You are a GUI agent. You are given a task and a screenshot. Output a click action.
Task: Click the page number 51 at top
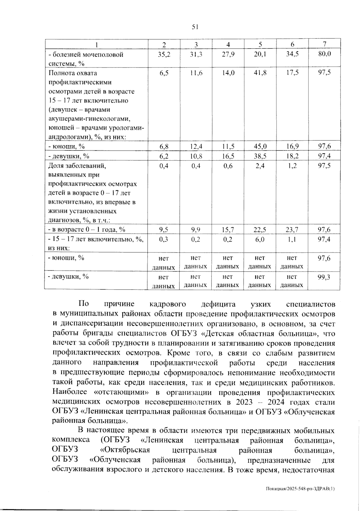coord(195,27)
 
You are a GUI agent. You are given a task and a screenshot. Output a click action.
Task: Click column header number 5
coord(260,44)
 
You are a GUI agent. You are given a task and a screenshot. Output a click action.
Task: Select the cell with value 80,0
coord(324,55)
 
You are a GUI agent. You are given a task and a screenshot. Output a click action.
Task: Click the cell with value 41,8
coord(260,73)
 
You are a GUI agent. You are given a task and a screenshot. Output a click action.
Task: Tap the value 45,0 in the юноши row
coord(260,146)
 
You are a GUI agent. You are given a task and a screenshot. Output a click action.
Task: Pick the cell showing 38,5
coord(260,156)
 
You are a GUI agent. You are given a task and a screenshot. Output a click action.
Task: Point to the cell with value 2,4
coord(260,166)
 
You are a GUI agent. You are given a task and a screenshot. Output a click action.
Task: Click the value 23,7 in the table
coord(292,230)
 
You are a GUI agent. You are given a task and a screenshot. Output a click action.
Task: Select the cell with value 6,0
coord(260,239)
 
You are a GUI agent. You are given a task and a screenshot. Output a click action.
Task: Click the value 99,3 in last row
coord(324,277)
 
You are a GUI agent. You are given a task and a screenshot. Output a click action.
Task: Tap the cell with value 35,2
coord(164,55)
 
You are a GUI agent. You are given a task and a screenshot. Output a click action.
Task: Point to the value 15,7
coord(228,230)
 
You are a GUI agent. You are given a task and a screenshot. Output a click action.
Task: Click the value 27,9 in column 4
coord(228,55)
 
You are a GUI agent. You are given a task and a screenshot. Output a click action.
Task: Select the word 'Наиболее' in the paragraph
coord(70,392)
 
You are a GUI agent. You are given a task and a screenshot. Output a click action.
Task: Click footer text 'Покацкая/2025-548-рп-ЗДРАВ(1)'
coord(300,488)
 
